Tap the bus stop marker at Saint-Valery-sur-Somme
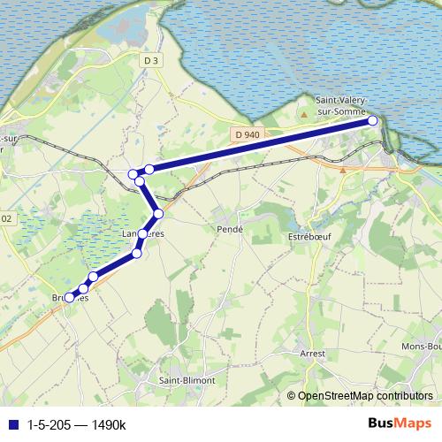[x=373, y=121]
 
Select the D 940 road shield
[x=248, y=134]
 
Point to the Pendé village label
[x=229, y=228]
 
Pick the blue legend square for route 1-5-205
[x=12, y=425]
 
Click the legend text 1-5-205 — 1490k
[x=77, y=425]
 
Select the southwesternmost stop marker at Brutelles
[x=70, y=297]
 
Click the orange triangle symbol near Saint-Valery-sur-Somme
[x=304, y=113]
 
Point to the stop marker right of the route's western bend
[x=150, y=169]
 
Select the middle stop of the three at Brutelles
[x=83, y=288]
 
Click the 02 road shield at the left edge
[x=6, y=217]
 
